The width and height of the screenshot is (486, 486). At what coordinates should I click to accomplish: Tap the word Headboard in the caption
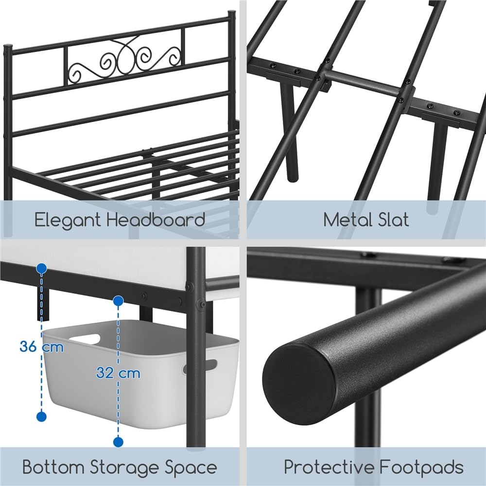coord(156,220)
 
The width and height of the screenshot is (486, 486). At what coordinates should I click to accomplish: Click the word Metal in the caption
coord(345,220)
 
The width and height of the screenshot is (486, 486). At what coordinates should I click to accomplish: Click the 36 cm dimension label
coord(41,347)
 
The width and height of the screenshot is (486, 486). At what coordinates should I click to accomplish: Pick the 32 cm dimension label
coord(118,373)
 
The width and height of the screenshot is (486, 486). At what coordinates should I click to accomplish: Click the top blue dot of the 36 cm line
coord(41,268)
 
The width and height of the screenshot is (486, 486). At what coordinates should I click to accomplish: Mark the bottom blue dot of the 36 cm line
coord(41,417)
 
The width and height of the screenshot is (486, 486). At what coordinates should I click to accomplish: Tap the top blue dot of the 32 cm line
coord(118,301)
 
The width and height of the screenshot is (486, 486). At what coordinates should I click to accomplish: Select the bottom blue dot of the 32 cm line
coord(118,442)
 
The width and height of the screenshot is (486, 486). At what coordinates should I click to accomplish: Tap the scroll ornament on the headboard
coord(123,63)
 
